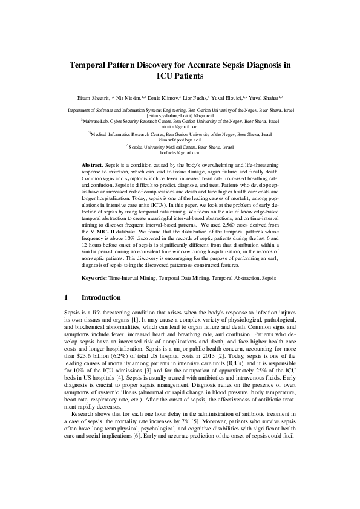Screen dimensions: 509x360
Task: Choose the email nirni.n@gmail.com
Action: tap(180, 126)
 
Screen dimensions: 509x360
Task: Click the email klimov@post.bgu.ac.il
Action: tap(180, 139)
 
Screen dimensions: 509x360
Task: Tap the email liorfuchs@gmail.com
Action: tap(180, 152)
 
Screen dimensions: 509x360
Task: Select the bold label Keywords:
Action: tap(94, 277)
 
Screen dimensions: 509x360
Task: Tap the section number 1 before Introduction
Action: tap(65, 297)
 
